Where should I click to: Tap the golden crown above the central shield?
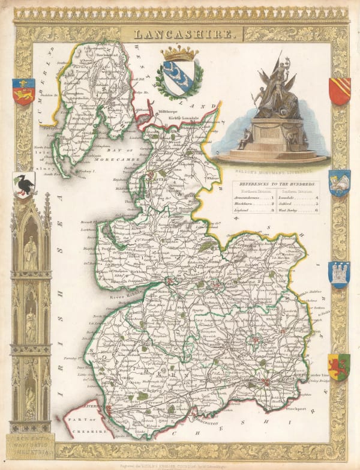click(179, 54)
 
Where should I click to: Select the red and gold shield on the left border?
click(23, 92)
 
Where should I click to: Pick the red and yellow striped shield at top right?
click(339, 91)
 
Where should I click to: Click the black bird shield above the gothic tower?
click(23, 184)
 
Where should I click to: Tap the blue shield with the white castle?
click(339, 274)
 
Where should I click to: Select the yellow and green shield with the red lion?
click(338, 366)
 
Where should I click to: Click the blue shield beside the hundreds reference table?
click(339, 182)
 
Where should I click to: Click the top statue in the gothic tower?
click(31, 252)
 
